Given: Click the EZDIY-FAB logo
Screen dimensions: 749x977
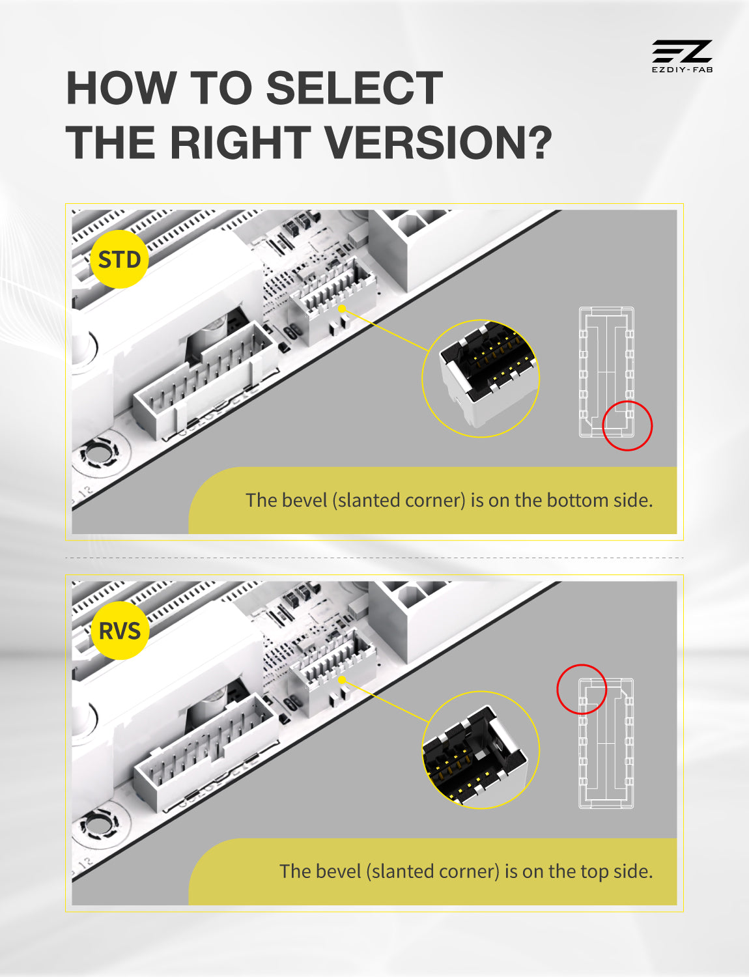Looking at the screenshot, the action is (682, 56).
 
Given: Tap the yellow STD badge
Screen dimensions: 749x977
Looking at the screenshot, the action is (120, 259).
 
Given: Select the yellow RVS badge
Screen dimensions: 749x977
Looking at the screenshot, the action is (120, 630).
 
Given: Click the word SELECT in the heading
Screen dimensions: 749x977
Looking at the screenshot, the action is (354, 88).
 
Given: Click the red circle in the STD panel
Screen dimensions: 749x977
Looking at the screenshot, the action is (627, 425).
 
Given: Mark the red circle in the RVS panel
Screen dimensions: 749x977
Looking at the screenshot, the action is (582, 689).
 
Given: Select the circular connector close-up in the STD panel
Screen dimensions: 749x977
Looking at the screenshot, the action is (481, 378).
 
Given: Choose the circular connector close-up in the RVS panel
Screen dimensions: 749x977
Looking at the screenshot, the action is (481, 750).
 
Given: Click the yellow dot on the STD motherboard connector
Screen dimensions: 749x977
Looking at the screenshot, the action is (342, 309).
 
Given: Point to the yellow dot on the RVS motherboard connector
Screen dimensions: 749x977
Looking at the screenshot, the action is (342, 680).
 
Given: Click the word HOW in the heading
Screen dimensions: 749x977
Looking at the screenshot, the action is (121, 88).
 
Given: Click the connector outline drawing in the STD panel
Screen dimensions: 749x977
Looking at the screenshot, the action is (606, 372).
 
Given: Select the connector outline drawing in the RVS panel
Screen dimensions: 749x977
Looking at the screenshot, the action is (606, 743).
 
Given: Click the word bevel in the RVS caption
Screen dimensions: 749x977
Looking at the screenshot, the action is (337, 871).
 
